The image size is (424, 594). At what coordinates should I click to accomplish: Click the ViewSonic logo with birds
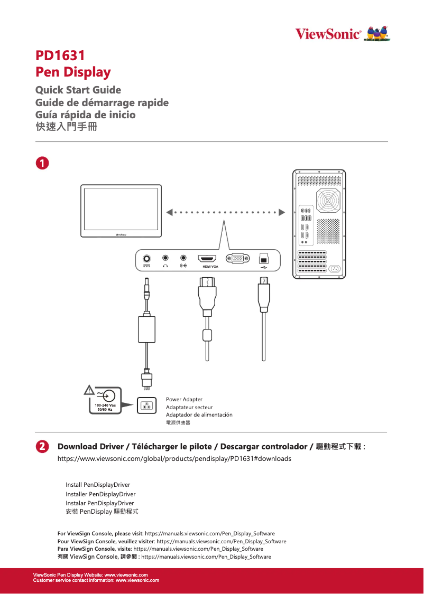click(342, 34)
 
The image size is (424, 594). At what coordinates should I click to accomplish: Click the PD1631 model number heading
click(60, 55)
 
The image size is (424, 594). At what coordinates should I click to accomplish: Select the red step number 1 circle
click(42, 163)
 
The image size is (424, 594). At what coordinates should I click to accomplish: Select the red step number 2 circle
click(42, 446)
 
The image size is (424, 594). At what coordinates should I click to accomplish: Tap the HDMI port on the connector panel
click(207, 259)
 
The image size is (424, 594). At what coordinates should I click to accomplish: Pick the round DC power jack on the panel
click(146, 259)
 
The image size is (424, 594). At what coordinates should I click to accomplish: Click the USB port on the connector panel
click(264, 259)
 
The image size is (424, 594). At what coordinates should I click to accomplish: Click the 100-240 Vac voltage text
click(105, 405)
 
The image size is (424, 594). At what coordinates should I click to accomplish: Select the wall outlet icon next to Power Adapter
click(146, 406)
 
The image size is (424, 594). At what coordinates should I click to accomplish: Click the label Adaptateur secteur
click(189, 407)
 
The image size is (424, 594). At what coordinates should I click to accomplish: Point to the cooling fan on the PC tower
click(328, 201)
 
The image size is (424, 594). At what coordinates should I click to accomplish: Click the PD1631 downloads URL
click(174, 458)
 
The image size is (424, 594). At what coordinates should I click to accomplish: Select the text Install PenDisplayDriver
click(98, 485)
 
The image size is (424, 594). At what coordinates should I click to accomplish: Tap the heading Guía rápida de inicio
click(85, 115)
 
